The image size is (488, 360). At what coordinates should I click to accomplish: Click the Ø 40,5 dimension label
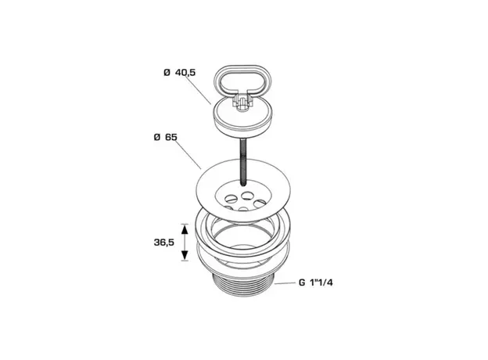[180, 73]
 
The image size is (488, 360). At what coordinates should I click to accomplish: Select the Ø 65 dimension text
[166, 137]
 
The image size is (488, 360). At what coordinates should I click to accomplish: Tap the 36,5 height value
[164, 243]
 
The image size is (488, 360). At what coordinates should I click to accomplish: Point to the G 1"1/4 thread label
[316, 283]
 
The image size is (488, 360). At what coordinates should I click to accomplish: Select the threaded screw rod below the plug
[242, 162]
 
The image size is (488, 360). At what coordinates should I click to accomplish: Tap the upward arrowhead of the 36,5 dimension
[185, 230]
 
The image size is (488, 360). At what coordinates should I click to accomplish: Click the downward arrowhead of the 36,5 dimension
[185, 255]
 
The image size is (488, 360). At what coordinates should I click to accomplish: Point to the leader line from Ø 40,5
[199, 90]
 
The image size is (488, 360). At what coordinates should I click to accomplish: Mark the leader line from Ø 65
[189, 155]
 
